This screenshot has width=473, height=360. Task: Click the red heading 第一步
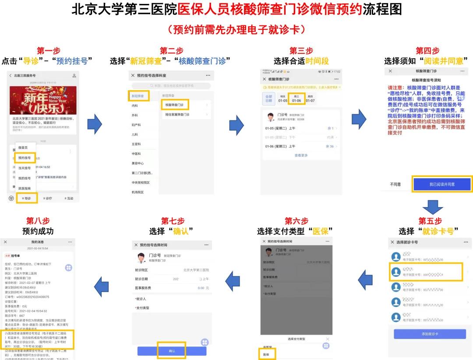(49, 51)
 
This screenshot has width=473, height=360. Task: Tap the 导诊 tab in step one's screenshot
(26, 198)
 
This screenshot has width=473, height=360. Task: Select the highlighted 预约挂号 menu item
(25, 158)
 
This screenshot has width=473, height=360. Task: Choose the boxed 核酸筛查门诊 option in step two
(175, 105)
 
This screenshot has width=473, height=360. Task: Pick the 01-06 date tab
(297, 99)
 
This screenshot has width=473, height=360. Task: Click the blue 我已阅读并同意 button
(442, 184)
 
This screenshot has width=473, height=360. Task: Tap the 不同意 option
(395, 184)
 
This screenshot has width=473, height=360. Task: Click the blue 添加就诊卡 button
(430, 334)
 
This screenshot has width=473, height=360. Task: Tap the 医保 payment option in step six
(266, 354)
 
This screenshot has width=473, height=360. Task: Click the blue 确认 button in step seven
(172, 351)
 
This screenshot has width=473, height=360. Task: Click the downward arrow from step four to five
(432, 207)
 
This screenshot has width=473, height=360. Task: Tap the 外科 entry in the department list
(135, 115)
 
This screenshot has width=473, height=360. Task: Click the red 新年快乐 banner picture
(43, 100)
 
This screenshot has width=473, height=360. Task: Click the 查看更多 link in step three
(301, 155)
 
